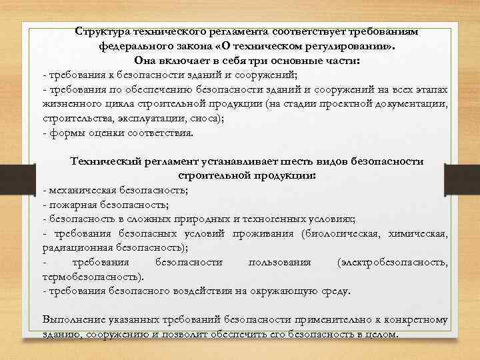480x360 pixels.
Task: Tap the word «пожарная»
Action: click(69, 205)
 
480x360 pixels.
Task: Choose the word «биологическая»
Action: click(340, 234)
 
